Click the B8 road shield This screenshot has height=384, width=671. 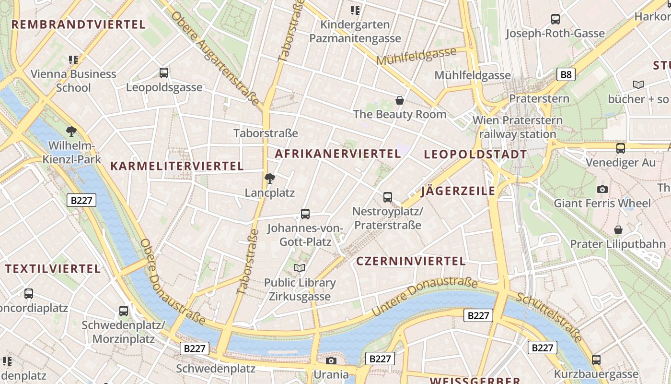pyautogui.click(x=566, y=74)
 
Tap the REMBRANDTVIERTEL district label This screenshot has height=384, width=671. pyautogui.click(x=78, y=24)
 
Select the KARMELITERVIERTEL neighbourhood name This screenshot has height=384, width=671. pyautogui.click(x=177, y=166)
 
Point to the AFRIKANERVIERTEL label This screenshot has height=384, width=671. pyautogui.click(x=338, y=154)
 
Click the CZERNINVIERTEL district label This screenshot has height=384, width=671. pyautogui.click(x=411, y=261)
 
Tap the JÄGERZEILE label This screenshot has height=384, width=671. pyautogui.click(x=458, y=191)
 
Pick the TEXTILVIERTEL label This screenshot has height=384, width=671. pyautogui.click(x=53, y=268)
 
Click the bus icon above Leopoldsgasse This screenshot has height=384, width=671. pyautogui.click(x=164, y=73)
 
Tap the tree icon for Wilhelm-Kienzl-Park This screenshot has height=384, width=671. pyautogui.click(x=71, y=131)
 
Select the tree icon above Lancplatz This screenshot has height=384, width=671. pyautogui.click(x=270, y=179)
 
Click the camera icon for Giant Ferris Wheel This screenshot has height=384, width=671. pyautogui.click(x=602, y=189)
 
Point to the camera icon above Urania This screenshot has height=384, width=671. pyautogui.click(x=331, y=360)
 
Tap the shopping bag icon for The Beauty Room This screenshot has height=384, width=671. pyautogui.click(x=400, y=100)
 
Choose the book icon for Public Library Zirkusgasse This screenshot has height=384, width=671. pyautogui.click(x=300, y=268)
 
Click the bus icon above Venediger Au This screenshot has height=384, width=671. pyautogui.click(x=621, y=148)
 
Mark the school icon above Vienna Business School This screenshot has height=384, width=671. pyautogui.click(x=73, y=60)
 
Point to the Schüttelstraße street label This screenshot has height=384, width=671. pyautogui.click(x=549, y=316)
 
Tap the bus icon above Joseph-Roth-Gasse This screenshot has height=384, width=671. pyautogui.click(x=555, y=19)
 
